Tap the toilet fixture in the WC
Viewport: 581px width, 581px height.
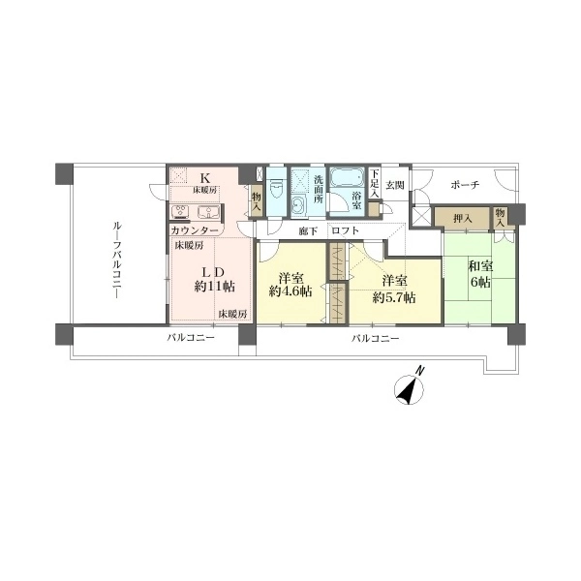[276, 189]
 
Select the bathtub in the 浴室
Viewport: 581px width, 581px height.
[347, 179]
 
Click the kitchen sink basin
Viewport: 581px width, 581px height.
[209, 211]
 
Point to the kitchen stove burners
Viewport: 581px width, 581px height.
[181, 211]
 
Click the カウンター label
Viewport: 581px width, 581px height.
[195, 230]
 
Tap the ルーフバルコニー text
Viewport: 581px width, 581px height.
[117, 260]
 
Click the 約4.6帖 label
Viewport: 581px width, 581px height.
[290, 291]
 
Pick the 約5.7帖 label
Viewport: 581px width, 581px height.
[394, 297]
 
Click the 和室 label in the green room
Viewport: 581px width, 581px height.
[480, 266]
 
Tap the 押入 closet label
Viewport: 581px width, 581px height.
[463, 219]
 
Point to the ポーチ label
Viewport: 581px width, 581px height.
[466, 185]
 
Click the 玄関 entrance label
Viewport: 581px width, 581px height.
[395, 185]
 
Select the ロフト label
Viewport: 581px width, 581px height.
[346, 230]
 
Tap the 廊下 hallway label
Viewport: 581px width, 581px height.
[308, 231]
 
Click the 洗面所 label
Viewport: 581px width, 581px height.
[319, 189]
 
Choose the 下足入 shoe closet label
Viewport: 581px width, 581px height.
[375, 183]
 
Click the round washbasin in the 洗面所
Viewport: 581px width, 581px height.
[298, 203]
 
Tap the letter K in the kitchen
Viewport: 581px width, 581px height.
[205, 178]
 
